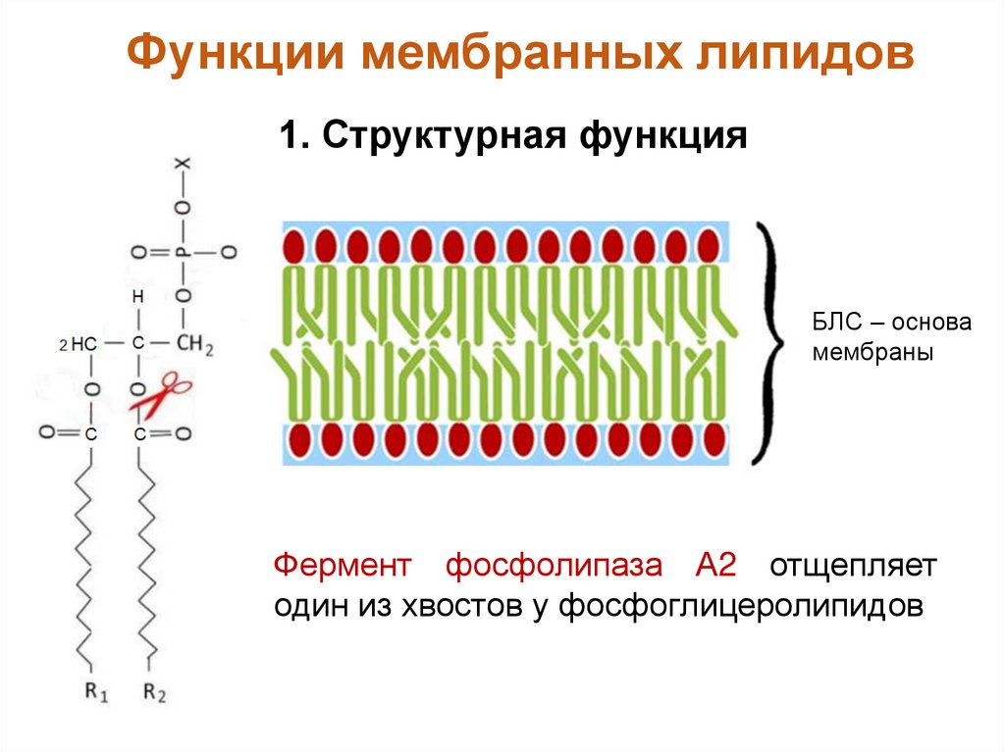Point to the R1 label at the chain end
click(x=95, y=693)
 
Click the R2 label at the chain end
click(x=155, y=693)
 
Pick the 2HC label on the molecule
click(x=78, y=345)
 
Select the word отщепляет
click(x=853, y=566)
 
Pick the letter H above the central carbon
click(x=138, y=296)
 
